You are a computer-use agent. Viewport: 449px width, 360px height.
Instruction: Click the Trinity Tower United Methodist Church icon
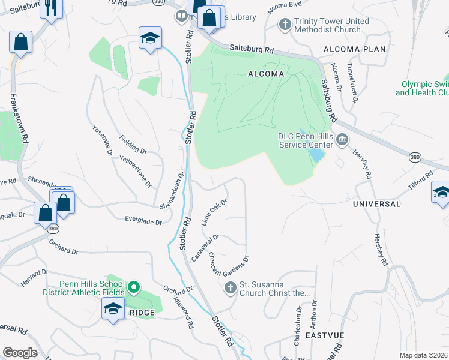(x=286, y=25)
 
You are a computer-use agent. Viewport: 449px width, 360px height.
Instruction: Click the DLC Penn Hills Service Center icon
(x=342, y=140)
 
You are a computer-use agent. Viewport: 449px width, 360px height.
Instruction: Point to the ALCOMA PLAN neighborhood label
(x=354, y=49)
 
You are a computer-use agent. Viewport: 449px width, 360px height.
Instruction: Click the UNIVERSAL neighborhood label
(x=376, y=204)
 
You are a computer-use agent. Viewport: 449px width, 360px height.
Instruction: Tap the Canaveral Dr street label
(x=205, y=247)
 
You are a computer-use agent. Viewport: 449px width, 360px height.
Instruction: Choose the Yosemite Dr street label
(x=102, y=140)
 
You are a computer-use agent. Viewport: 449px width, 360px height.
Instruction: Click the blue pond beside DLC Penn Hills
(x=316, y=154)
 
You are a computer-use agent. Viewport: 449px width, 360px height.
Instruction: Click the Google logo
(x=20, y=353)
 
